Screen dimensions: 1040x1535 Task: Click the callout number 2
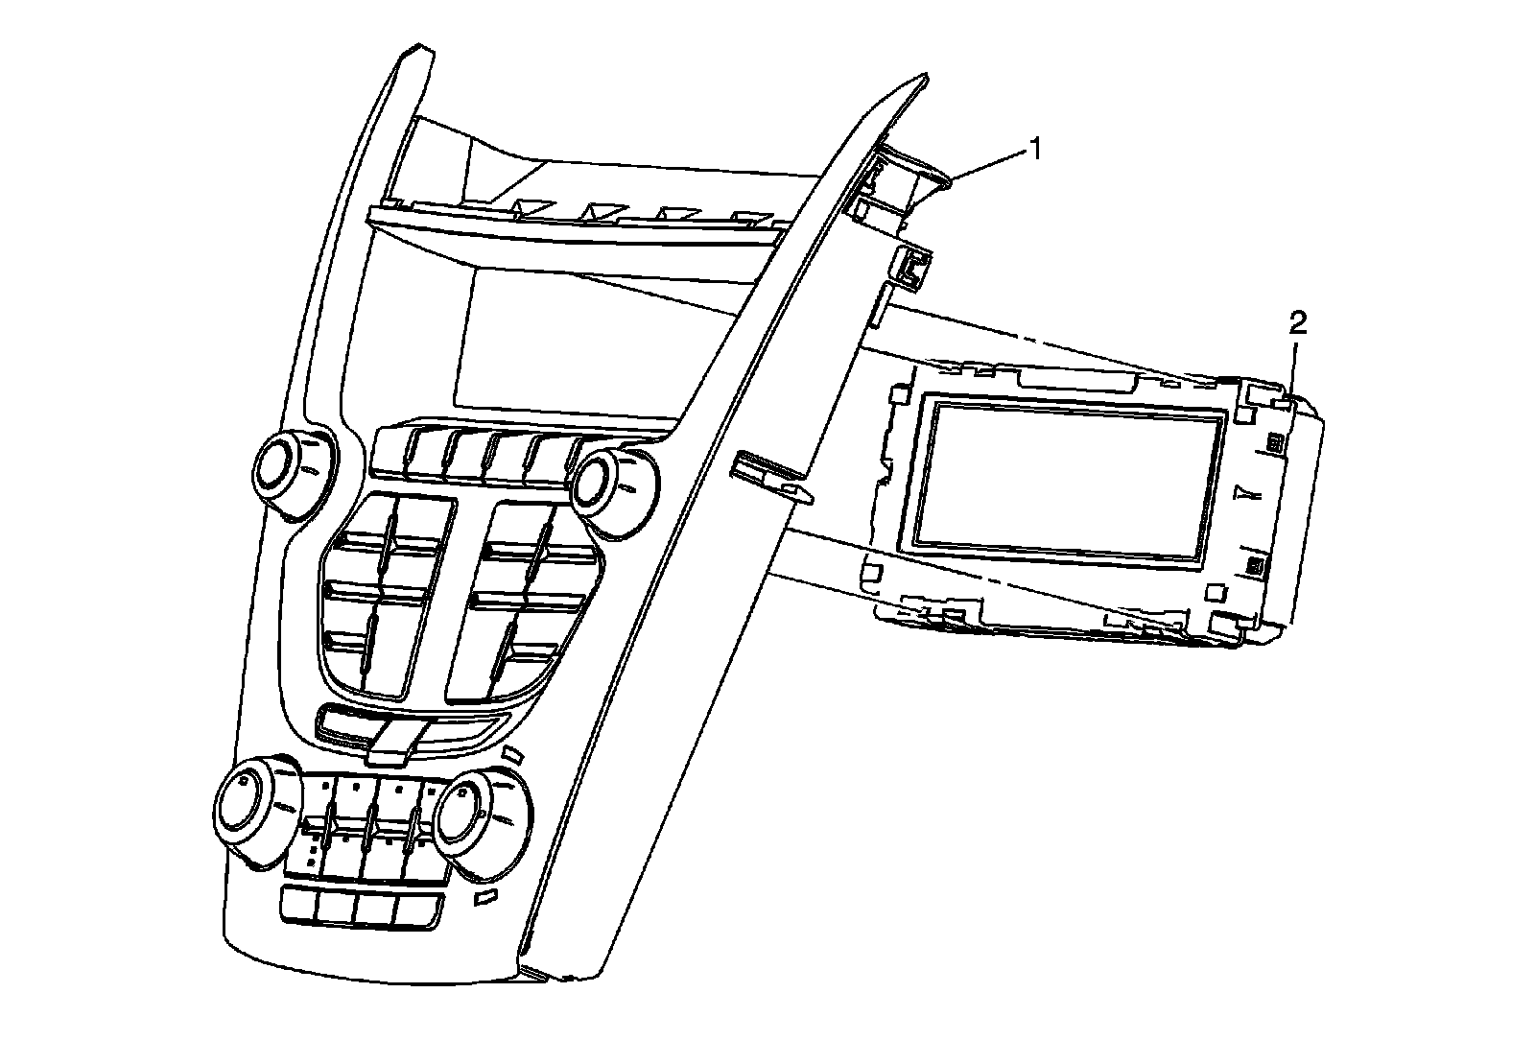click(1296, 324)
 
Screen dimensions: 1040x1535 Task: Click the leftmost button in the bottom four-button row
click(299, 904)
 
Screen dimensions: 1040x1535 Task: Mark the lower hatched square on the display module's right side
click(1254, 565)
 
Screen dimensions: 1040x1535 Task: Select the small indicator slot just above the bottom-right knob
click(511, 754)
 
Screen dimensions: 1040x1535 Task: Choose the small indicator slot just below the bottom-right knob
click(485, 898)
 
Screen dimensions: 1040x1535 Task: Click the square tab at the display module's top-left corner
click(898, 394)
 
